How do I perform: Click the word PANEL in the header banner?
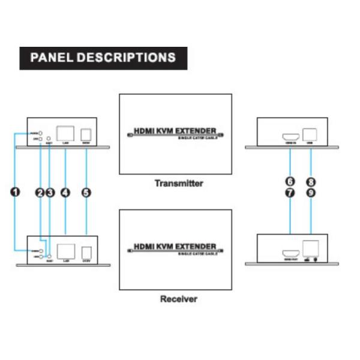pos(52,58)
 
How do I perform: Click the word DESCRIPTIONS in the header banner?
pos(127,58)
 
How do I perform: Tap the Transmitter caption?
pos(179,184)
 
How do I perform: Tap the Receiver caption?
pos(179,298)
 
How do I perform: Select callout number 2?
pos(40,193)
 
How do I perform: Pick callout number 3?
pos(50,193)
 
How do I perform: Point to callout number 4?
pos(65,193)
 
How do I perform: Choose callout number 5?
pos(86,193)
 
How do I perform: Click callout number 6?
pos(290,182)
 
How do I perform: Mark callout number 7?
pos(290,193)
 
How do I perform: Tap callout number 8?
pos(311,182)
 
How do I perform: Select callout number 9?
pos(311,193)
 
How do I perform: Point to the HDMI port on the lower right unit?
pos(289,251)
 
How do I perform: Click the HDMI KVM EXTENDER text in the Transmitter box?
pos(174,129)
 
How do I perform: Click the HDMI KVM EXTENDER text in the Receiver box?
pos(174,246)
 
